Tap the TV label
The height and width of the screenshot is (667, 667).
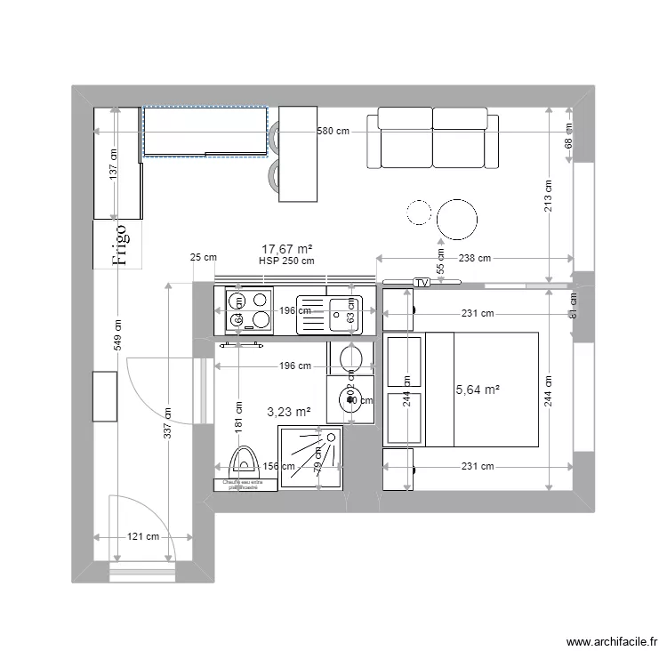tap(422, 283)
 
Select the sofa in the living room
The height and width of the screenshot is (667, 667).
tap(432, 138)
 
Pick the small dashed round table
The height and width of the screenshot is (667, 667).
tap(418, 212)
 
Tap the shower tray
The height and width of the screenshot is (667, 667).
tap(311, 457)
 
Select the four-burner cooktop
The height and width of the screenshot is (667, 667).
tap(249, 310)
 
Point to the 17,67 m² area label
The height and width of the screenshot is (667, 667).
tap(285, 250)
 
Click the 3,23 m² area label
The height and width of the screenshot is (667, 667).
tap(289, 412)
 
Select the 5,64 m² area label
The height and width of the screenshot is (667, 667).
tap(478, 390)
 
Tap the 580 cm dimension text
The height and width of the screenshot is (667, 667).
tap(333, 132)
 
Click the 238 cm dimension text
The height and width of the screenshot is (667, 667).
tap(471, 259)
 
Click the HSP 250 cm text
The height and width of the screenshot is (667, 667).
tap(286, 261)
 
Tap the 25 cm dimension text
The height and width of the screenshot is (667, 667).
tap(204, 258)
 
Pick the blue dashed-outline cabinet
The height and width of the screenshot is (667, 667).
tap(205, 132)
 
